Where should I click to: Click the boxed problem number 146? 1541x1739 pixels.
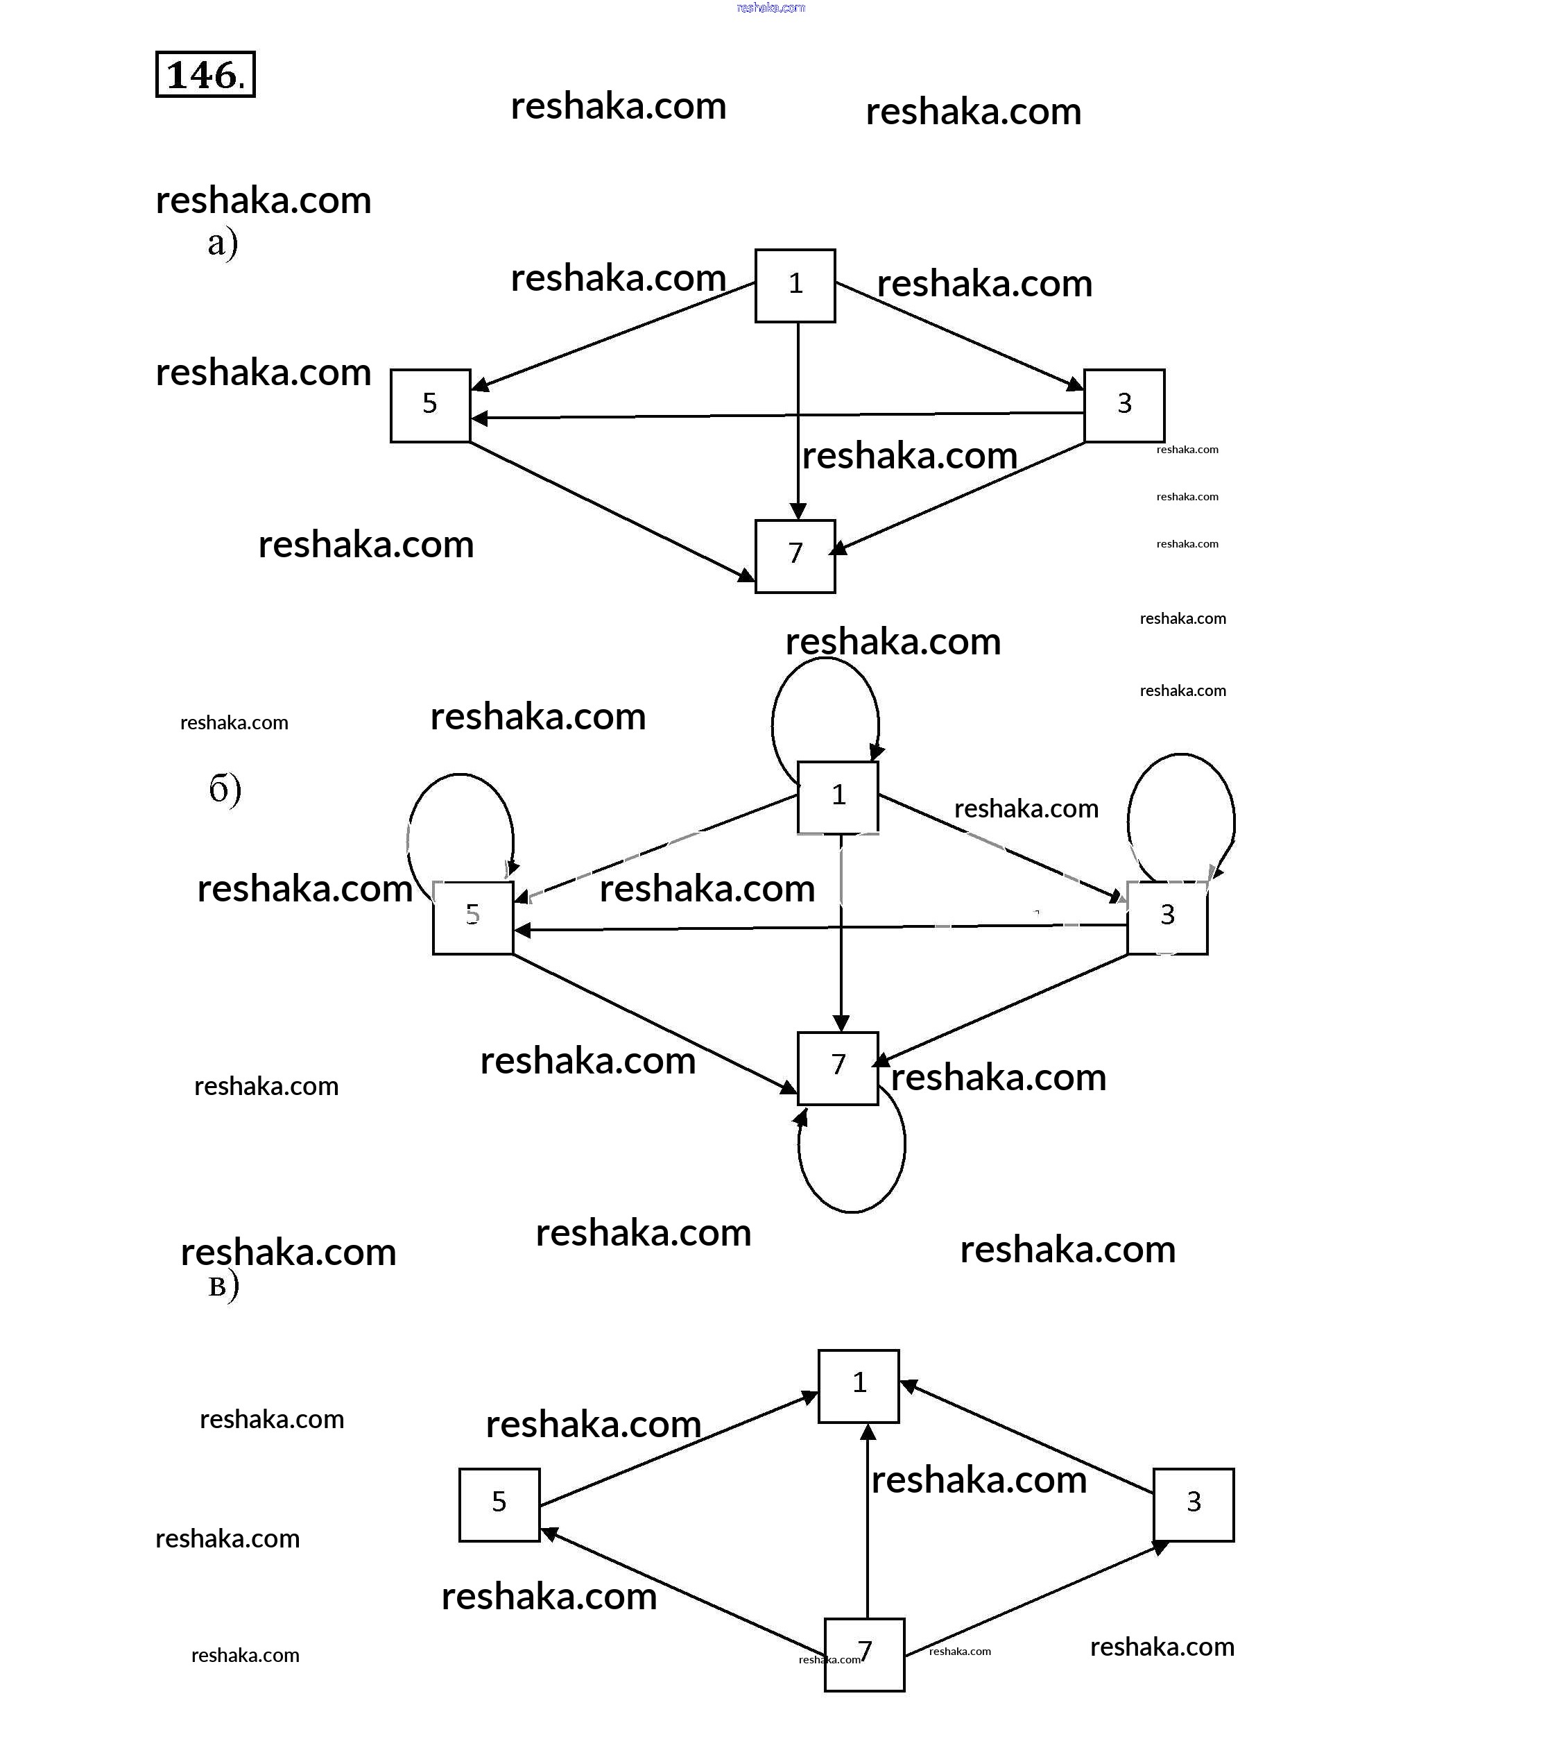click(205, 74)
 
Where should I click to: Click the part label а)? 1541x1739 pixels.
click(222, 244)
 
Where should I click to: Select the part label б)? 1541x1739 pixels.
click(225, 789)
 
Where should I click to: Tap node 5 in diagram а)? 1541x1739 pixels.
click(429, 405)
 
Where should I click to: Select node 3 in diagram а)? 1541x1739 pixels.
click(1124, 405)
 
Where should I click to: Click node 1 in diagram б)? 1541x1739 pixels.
click(838, 797)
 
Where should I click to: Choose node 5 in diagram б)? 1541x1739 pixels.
click(472, 917)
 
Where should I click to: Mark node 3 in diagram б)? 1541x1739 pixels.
click(1166, 917)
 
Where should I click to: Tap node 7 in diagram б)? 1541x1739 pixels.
click(838, 1068)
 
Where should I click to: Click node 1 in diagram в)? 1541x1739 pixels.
click(858, 1385)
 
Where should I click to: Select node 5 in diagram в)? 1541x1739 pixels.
click(499, 1504)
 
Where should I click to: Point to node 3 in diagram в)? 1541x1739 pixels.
click(1193, 1504)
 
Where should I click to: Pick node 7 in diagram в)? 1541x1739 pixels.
click(864, 1654)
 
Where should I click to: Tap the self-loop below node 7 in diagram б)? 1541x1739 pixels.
click(853, 1209)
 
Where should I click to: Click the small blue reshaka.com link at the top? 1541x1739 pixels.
click(770, 8)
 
